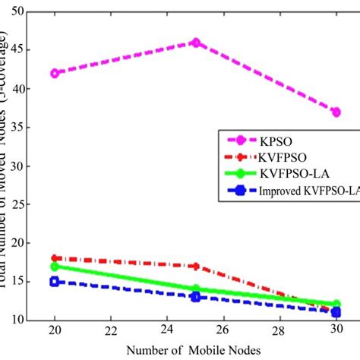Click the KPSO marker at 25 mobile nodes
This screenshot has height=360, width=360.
195,43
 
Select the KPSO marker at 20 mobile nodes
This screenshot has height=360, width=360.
53,73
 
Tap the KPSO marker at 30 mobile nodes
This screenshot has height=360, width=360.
336,112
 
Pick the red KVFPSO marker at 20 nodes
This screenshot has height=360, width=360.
53,258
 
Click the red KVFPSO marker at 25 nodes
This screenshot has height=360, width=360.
195,266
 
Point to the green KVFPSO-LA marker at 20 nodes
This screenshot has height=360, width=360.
53,266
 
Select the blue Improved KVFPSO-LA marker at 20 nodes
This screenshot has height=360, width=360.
53,282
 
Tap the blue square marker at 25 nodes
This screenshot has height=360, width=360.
195,296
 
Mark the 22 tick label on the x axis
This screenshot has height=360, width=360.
109,332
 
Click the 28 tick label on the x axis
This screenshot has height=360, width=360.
279,332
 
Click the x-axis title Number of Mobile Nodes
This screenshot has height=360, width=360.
194,350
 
